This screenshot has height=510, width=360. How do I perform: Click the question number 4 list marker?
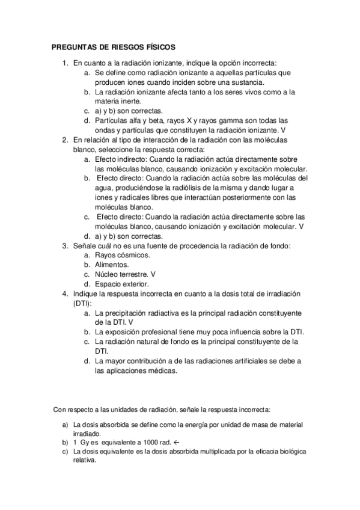click(x=65, y=293)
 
